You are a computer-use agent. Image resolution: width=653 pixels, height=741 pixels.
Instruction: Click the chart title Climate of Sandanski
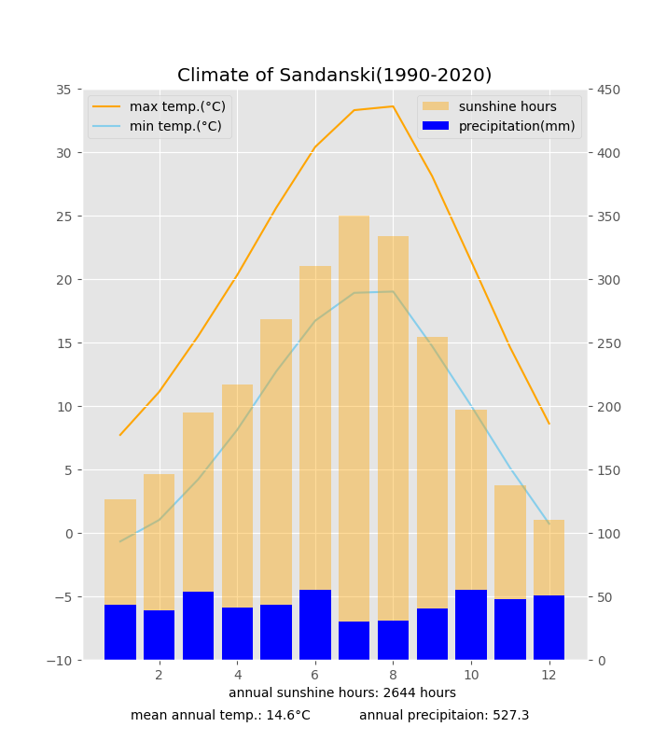[334, 76]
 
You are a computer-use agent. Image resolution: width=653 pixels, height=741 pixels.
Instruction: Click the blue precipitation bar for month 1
[120, 633]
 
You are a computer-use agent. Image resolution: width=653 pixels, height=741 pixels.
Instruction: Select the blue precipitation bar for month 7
[354, 641]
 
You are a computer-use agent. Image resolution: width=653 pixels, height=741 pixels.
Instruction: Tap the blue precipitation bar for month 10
[471, 625]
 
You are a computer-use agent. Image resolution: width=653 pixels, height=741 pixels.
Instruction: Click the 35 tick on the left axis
[63, 90]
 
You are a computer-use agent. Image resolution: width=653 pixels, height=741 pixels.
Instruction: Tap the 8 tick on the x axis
[393, 675]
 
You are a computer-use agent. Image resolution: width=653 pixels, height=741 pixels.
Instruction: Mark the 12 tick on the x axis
[549, 675]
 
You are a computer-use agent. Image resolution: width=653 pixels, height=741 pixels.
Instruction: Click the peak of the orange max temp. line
[393, 106]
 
